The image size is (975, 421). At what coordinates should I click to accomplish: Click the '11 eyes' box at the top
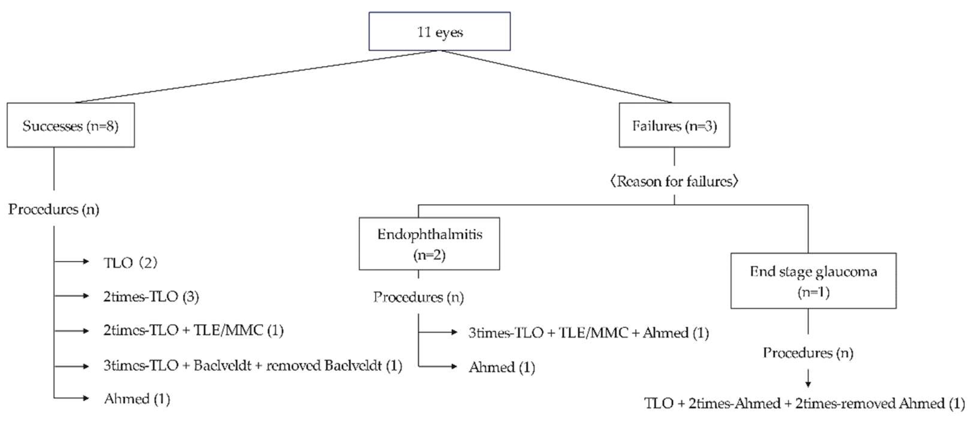click(439, 31)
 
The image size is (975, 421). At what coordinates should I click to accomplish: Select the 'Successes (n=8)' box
click(70, 125)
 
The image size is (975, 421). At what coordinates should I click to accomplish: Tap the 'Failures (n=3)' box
click(674, 125)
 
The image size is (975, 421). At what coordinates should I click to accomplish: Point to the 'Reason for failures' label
click(674, 181)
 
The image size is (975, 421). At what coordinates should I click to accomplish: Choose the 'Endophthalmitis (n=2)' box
click(429, 244)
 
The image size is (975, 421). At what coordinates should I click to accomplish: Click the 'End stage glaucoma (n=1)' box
click(813, 281)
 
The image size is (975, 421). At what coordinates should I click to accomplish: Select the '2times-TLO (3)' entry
click(151, 296)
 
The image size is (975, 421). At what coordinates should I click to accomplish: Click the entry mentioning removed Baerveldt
click(252, 366)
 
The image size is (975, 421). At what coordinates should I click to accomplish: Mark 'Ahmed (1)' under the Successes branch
click(137, 399)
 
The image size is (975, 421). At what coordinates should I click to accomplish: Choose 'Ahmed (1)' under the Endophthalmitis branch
click(502, 367)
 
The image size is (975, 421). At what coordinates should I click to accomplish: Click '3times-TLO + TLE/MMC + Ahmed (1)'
click(589, 333)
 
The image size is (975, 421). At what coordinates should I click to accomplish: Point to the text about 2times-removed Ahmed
click(804, 403)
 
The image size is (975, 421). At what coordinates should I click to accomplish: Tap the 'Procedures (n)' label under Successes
click(54, 209)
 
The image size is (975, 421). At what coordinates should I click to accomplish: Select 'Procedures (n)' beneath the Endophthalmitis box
click(419, 297)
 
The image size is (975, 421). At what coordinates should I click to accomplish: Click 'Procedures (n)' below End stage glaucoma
click(808, 353)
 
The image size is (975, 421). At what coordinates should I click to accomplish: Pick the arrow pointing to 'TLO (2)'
click(72, 261)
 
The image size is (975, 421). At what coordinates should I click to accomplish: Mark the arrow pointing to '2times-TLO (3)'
click(72, 296)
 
